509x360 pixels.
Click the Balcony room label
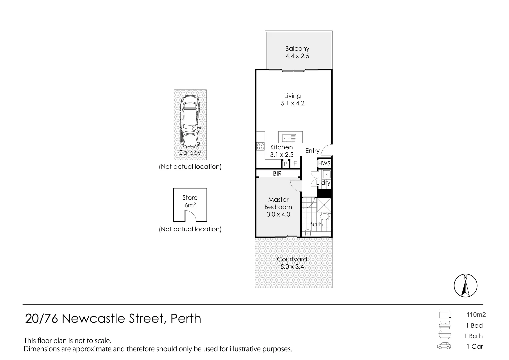[x=297, y=49]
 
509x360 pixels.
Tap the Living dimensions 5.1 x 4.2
[x=292, y=103]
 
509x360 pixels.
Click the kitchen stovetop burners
[x=260, y=146]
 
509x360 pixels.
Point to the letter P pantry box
[x=286, y=164]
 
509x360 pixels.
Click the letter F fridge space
[x=295, y=164]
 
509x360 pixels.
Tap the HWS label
[x=324, y=163]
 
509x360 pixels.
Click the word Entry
[x=312, y=151]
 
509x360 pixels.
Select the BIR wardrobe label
[x=277, y=174]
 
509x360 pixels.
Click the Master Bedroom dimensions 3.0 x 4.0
[x=278, y=214]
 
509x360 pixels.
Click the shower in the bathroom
[x=323, y=206]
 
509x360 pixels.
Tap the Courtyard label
[x=292, y=259]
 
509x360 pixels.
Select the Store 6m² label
[x=190, y=201]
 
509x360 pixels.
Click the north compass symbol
[x=465, y=286]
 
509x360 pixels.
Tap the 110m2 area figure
[x=476, y=314]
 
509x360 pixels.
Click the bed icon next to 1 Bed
[x=445, y=325]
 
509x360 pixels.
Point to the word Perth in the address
[x=186, y=319]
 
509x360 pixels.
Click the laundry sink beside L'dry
[x=326, y=174]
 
